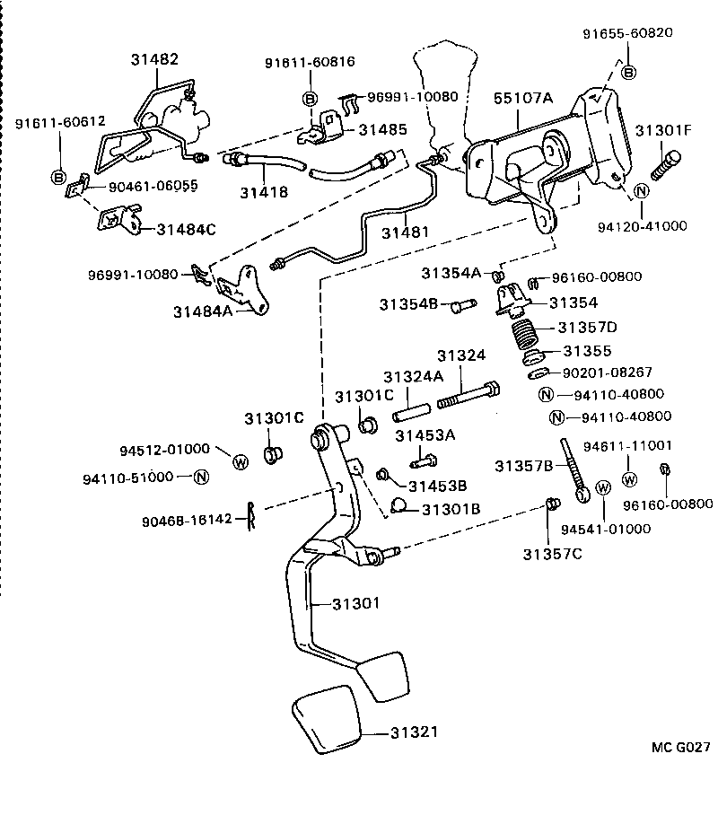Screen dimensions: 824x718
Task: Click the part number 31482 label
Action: pyautogui.click(x=154, y=60)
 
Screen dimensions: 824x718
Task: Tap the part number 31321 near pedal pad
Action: pyautogui.click(x=415, y=732)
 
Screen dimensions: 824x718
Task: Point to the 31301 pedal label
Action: pyautogui.click(x=355, y=604)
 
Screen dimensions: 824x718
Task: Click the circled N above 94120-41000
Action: pyautogui.click(x=641, y=191)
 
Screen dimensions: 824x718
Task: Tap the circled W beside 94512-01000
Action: pyautogui.click(x=241, y=461)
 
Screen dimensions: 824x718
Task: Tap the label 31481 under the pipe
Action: pyautogui.click(x=406, y=232)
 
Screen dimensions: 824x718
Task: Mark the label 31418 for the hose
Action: pyautogui.click(x=263, y=192)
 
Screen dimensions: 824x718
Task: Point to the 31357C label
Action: pyautogui.click(x=553, y=553)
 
